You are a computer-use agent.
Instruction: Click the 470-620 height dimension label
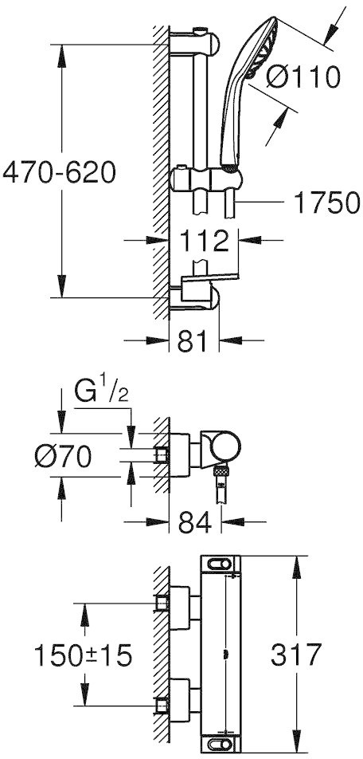(x=59, y=172)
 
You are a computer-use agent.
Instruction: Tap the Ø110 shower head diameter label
(x=303, y=77)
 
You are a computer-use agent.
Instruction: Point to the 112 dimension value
(x=205, y=241)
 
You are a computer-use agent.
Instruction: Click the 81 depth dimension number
(x=193, y=342)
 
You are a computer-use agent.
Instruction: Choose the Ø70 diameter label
(x=64, y=456)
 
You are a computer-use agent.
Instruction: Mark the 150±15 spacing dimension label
(x=83, y=656)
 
